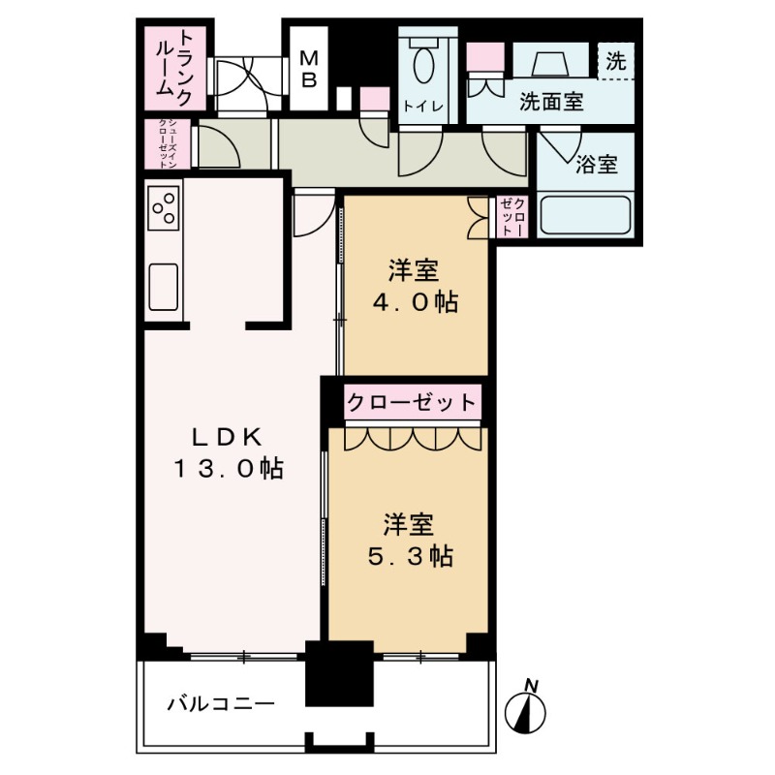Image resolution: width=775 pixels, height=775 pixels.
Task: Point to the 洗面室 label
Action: pyautogui.click(x=551, y=102)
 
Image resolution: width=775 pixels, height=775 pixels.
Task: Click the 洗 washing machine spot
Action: pyautogui.click(x=616, y=60)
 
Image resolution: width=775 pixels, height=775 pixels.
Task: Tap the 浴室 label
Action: pyautogui.click(x=596, y=164)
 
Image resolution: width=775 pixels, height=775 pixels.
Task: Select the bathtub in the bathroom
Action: pyautogui.click(x=585, y=215)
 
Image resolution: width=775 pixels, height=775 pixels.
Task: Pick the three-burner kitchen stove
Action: pyautogui.click(x=163, y=206)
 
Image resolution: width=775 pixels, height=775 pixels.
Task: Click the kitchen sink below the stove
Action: pyautogui.click(x=163, y=285)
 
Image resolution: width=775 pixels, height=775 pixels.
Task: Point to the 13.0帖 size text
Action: pyautogui.click(x=229, y=469)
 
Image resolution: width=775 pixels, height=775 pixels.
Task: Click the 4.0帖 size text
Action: pyautogui.click(x=416, y=301)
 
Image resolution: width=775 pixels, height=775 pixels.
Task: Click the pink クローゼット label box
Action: pyautogui.click(x=413, y=401)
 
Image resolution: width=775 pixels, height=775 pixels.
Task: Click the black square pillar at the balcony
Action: pyautogui.click(x=339, y=673)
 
